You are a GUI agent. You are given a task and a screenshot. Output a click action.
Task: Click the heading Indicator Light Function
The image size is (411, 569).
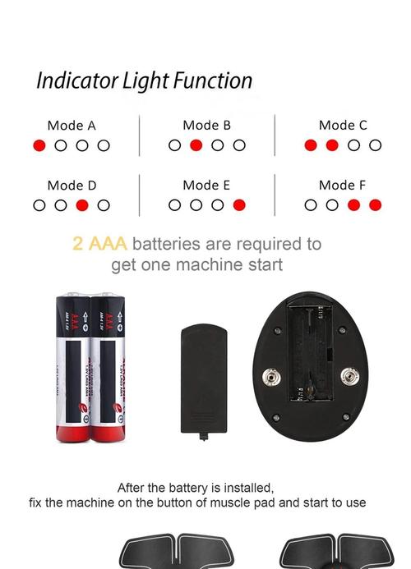coord(144,81)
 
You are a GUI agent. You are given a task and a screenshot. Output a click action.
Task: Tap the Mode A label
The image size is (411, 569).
coord(71,126)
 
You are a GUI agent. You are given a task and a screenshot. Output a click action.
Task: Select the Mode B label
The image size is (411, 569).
coord(206,126)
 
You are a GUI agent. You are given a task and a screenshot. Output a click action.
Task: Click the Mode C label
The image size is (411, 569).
coord(343,126)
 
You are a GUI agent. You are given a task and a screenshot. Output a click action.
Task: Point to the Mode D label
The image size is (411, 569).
coord(71,186)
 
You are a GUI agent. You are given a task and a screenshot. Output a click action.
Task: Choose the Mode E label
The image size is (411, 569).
coord(206,186)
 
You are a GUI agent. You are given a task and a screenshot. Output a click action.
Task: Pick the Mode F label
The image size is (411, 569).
coord(343,186)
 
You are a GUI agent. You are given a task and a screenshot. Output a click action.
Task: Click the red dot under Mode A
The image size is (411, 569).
coord(39,145)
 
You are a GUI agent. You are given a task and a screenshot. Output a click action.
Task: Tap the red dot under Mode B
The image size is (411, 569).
coord(196,145)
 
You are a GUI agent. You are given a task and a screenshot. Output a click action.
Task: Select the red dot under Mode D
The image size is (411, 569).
coord(82,205)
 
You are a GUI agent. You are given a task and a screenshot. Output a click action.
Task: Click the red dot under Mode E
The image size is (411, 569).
coord(239,205)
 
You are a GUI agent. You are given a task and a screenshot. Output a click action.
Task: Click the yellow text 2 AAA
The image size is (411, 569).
coord(99,244)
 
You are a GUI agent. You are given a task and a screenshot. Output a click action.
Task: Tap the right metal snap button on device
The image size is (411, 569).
coord(351,377)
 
